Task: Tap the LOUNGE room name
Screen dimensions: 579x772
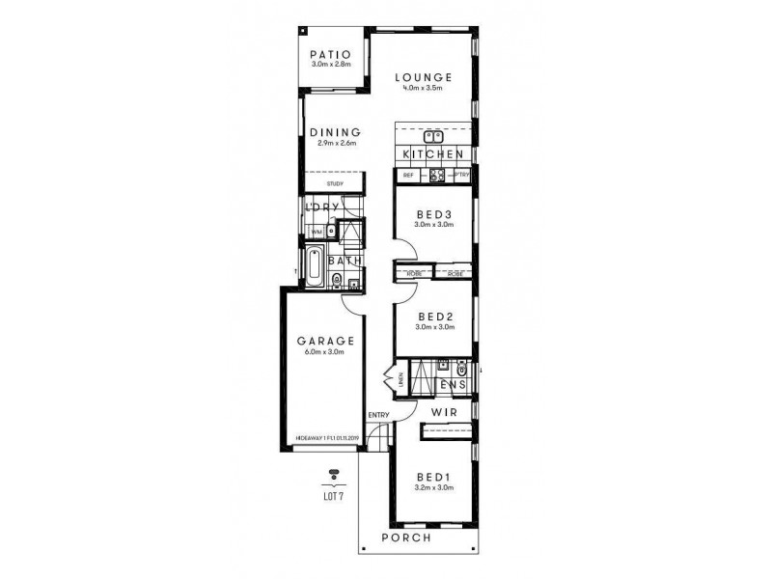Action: (x=423, y=77)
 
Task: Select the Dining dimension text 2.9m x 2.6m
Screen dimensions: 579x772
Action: (x=337, y=144)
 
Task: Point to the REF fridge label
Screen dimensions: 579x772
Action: (x=407, y=175)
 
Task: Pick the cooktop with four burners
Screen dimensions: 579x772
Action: (x=435, y=176)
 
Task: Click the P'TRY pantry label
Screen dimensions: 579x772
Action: (x=461, y=175)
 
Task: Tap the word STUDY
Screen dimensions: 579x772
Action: (x=335, y=182)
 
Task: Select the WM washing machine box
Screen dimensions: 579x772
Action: (x=316, y=232)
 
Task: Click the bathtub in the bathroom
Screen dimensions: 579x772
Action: (x=315, y=266)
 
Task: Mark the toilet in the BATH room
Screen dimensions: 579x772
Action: (x=335, y=281)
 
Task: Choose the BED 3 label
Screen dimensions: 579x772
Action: (x=433, y=214)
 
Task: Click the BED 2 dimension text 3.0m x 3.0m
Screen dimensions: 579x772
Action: (x=433, y=327)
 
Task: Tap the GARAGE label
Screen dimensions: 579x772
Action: (x=325, y=341)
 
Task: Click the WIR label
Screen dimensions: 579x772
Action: (x=443, y=412)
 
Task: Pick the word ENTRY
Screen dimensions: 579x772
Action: (x=377, y=416)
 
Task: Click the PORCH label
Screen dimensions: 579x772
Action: (x=405, y=537)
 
